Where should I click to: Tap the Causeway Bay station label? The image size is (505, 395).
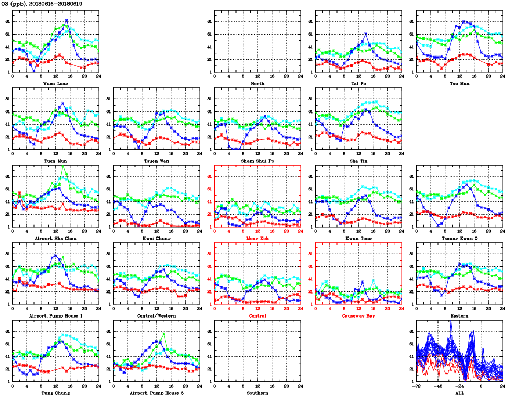(x=358, y=315)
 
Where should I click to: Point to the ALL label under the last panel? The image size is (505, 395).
(x=459, y=392)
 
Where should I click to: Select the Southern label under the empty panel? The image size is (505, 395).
(x=257, y=392)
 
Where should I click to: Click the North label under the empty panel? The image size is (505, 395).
(x=257, y=83)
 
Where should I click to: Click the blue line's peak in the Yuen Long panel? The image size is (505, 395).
(x=66, y=20)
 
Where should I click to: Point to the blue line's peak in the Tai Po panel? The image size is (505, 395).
(x=366, y=33)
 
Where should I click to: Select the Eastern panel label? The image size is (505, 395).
(x=459, y=315)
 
